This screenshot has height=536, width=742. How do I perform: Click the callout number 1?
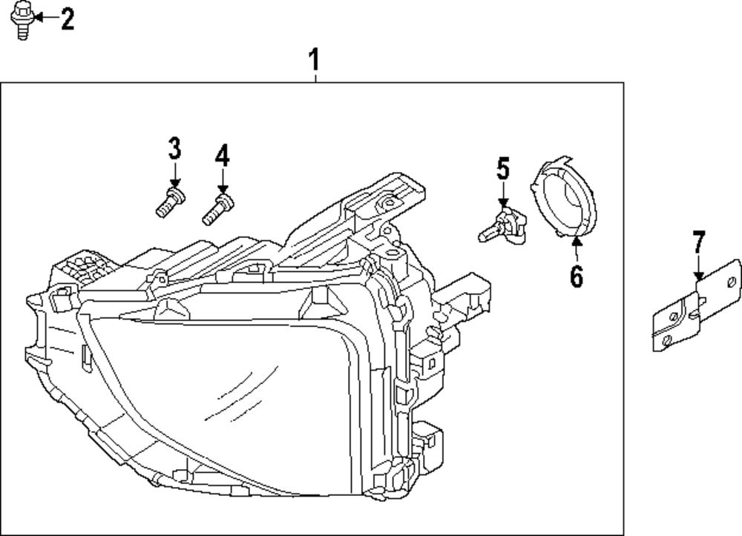(x=315, y=59)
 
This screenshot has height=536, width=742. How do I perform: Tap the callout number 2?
(x=67, y=19)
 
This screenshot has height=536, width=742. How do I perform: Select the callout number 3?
(x=174, y=149)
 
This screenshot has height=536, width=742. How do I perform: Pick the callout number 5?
(x=503, y=170)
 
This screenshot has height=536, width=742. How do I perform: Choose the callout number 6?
(x=577, y=276)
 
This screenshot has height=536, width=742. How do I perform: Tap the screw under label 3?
(x=170, y=202)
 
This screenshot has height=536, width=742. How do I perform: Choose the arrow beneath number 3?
(x=174, y=178)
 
